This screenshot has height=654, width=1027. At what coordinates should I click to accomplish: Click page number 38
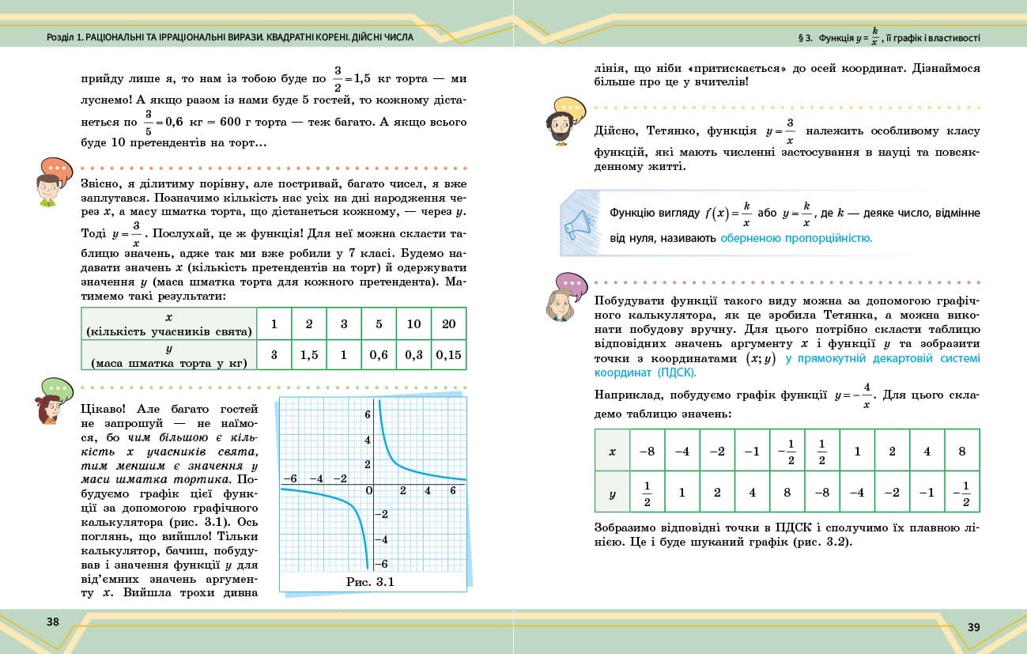pyautogui.click(x=53, y=622)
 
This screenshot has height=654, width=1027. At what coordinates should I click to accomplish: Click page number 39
pyautogui.click(x=973, y=627)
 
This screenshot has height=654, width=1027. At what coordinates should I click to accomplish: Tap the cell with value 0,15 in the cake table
pyautogui.click(x=448, y=355)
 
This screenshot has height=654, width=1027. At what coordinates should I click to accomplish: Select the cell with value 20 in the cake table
pyautogui.click(x=448, y=324)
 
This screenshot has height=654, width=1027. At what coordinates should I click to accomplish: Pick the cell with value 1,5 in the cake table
pyautogui.click(x=309, y=355)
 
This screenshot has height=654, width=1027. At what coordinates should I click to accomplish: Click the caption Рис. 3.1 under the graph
pyautogui.click(x=370, y=583)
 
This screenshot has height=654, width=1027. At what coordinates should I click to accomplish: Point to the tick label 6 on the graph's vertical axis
pyautogui.click(x=367, y=414)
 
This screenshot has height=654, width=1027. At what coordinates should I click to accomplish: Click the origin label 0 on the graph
pyautogui.click(x=368, y=491)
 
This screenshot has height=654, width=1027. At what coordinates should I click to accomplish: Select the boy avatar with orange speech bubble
pyautogui.click(x=52, y=183)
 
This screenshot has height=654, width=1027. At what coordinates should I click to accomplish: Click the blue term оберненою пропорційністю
pyautogui.click(x=795, y=237)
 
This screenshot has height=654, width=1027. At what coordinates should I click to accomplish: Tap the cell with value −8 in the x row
pyautogui.click(x=647, y=452)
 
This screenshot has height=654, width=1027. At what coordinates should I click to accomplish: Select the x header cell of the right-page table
pyautogui.click(x=612, y=452)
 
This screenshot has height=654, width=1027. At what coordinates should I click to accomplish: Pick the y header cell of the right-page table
pyautogui.click(x=612, y=493)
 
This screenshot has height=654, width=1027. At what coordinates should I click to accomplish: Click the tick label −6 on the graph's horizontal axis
pyautogui.click(x=290, y=479)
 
